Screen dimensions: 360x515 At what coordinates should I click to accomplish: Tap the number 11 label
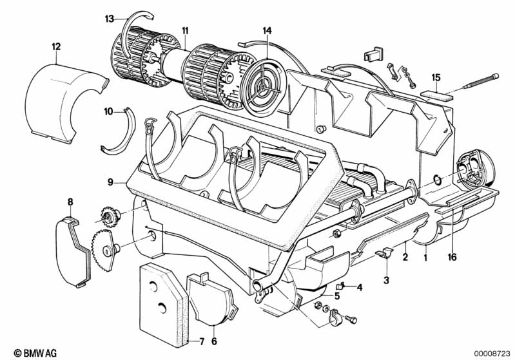point(185,30)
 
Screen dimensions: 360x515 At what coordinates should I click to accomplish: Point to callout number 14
point(267,30)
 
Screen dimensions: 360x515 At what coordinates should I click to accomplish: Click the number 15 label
point(436,77)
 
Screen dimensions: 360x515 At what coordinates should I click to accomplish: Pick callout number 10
point(109,111)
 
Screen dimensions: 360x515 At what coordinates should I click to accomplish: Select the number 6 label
point(214,341)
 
